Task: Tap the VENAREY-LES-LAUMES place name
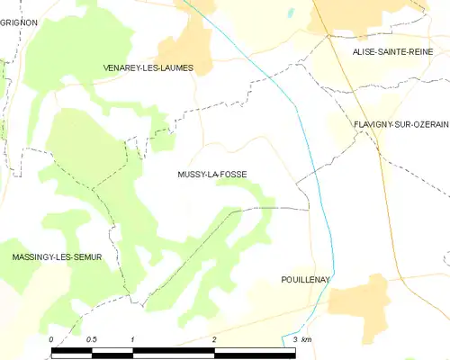(x=148, y=67)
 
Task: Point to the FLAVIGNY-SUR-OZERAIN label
(x=400, y=124)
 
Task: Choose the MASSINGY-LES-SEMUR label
(x=57, y=257)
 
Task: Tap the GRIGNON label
(x=19, y=21)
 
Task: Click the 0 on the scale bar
(x=51, y=339)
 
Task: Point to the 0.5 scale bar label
(x=92, y=339)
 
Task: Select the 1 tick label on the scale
(x=132, y=339)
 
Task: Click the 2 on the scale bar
(x=214, y=339)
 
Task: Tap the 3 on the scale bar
(x=295, y=339)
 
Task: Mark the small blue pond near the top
(x=290, y=13)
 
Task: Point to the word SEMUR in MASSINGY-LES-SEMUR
(x=86, y=257)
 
